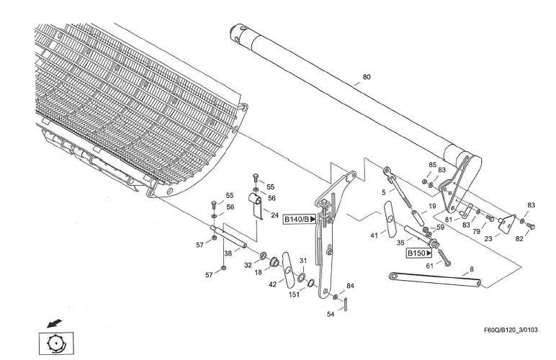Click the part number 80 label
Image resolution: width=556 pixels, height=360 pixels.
367,77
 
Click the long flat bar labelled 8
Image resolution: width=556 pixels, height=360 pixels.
432,279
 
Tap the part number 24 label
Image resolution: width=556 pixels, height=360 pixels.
274,215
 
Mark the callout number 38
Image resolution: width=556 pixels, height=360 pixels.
228,253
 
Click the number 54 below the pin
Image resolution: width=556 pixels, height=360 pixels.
331,314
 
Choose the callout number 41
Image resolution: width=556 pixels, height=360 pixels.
374,235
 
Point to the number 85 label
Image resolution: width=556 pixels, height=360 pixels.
433,165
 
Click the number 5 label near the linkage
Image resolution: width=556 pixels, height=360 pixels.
383,192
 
